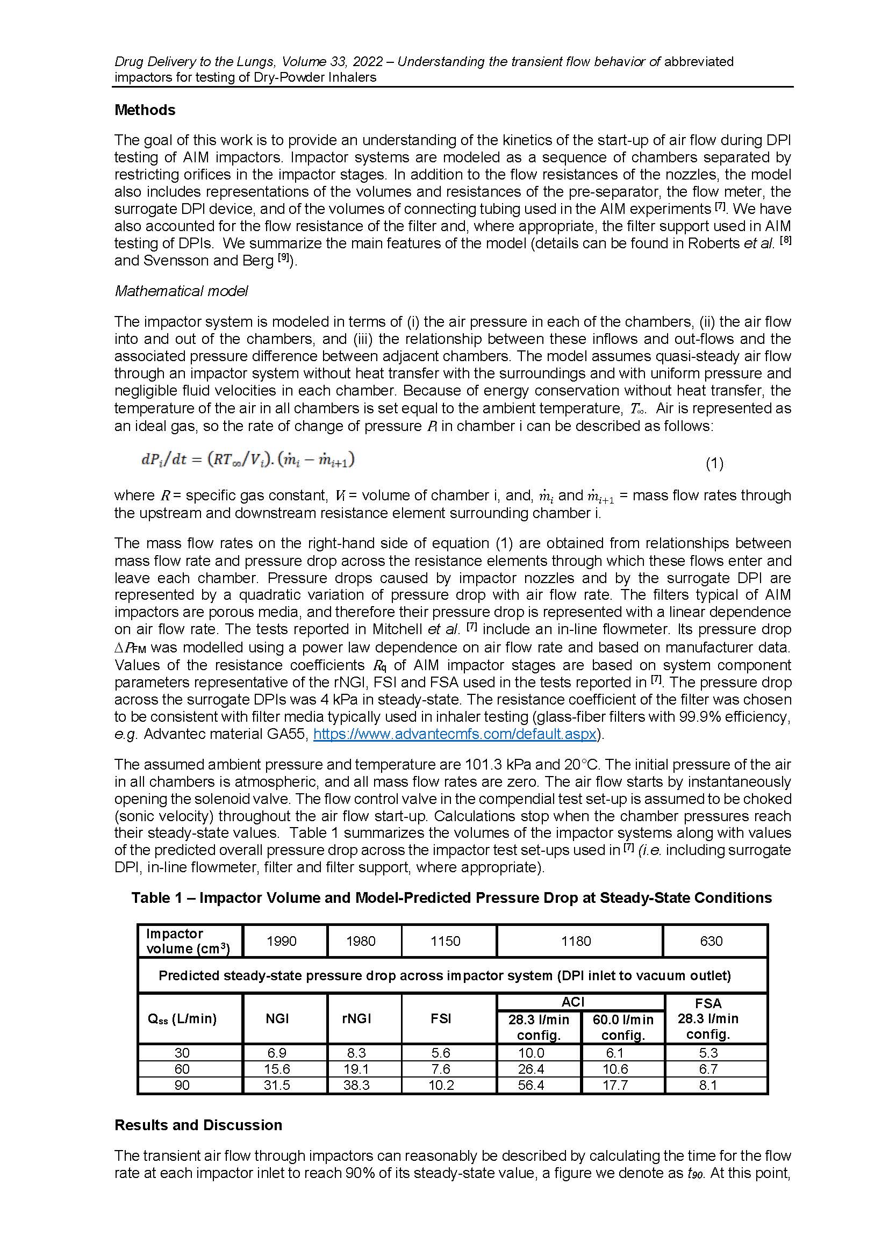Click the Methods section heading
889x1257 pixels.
coord(145,110)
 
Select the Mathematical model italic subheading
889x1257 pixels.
coord(181,291)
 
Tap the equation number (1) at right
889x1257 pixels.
coord(714,464)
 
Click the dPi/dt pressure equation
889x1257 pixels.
coord(247,459)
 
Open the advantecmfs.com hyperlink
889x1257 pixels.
coord(454,734)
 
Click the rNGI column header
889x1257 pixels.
coord(356,1018)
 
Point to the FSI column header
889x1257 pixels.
coord(441,1018)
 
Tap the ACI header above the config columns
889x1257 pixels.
coord(572,1002)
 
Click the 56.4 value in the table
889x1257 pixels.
coord(531,1085)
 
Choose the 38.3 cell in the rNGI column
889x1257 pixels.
coord(356,1085)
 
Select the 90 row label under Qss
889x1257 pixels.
coord(182,1085)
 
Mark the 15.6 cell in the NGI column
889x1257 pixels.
coord(277,1069)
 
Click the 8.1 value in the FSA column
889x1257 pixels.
coord(708,1085)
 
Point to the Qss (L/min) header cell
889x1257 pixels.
coord(182,1018)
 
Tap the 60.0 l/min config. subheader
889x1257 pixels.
coord(623,1027)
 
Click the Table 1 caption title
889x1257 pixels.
coord(451,898)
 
